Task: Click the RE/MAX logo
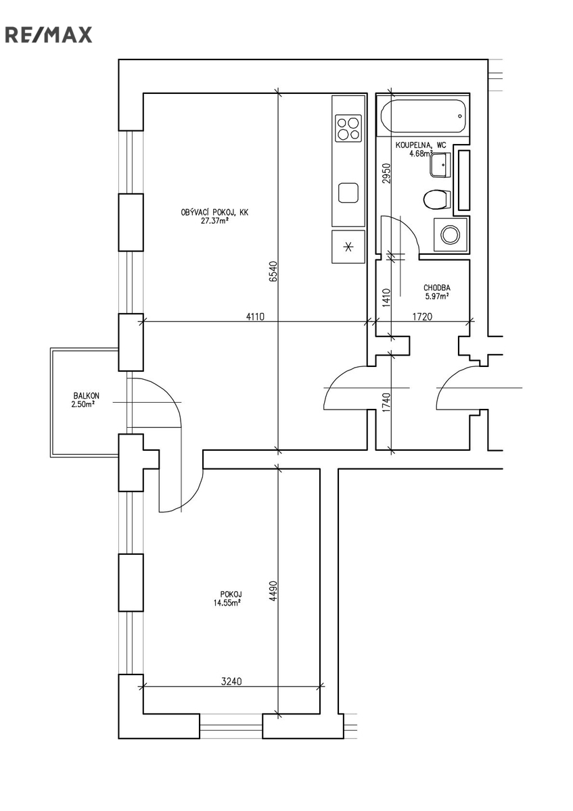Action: click(x=49, y=34)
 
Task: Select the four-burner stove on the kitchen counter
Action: click(x=348, y=128)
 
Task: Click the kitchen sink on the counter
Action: click(x=349, y=193)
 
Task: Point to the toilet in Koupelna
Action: click(x=437, y=199)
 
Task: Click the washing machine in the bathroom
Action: click(x=450, y=235)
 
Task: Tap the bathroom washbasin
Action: click(x=441, y=165)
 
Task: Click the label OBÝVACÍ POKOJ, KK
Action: click(x=214, y=212)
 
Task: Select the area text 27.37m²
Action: click(x=214, y=220)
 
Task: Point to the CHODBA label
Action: click(x=437, y=287)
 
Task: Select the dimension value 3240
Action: click(x=232, y=682)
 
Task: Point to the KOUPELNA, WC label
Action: click(x=421, y=145)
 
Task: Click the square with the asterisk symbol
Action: click(x=348, y=247)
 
